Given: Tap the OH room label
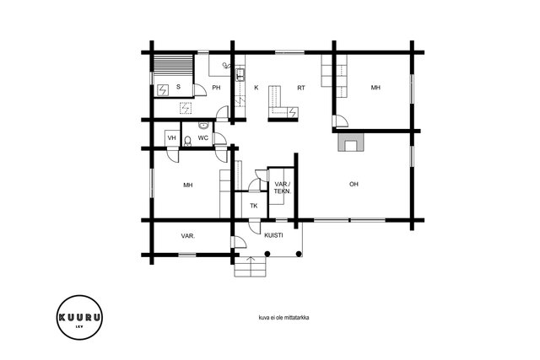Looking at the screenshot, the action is [x=354, y=184].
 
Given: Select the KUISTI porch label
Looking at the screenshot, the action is [x=273, y=235].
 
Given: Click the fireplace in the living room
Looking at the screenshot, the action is [x=351, y=142].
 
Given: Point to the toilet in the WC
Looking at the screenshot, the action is [x=187, y=141].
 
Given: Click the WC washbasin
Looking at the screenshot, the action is [x=203, y=126].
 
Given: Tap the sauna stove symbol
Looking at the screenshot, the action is [x=163, y=90].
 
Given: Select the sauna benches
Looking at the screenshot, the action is [x=173, y=64].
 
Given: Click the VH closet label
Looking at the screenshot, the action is [x=171, y=138].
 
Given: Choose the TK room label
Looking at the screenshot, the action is [x=254, y=206].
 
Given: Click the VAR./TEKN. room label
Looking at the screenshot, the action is [x=283, y=187].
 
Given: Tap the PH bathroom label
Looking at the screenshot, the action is [x=216, y=88].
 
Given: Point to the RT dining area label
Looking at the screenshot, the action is [x=301, y=88].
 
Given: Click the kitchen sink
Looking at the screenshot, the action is [x=240, y=75].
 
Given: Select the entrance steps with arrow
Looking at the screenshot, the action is [x=251, y=266].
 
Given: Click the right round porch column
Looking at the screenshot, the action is [x=299, y=254].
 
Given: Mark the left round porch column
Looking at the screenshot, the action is [x=267, y=254].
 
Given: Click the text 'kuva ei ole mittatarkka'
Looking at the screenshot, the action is [x=283, y=317].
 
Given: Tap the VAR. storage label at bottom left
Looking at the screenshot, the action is [x=188, y=236].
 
